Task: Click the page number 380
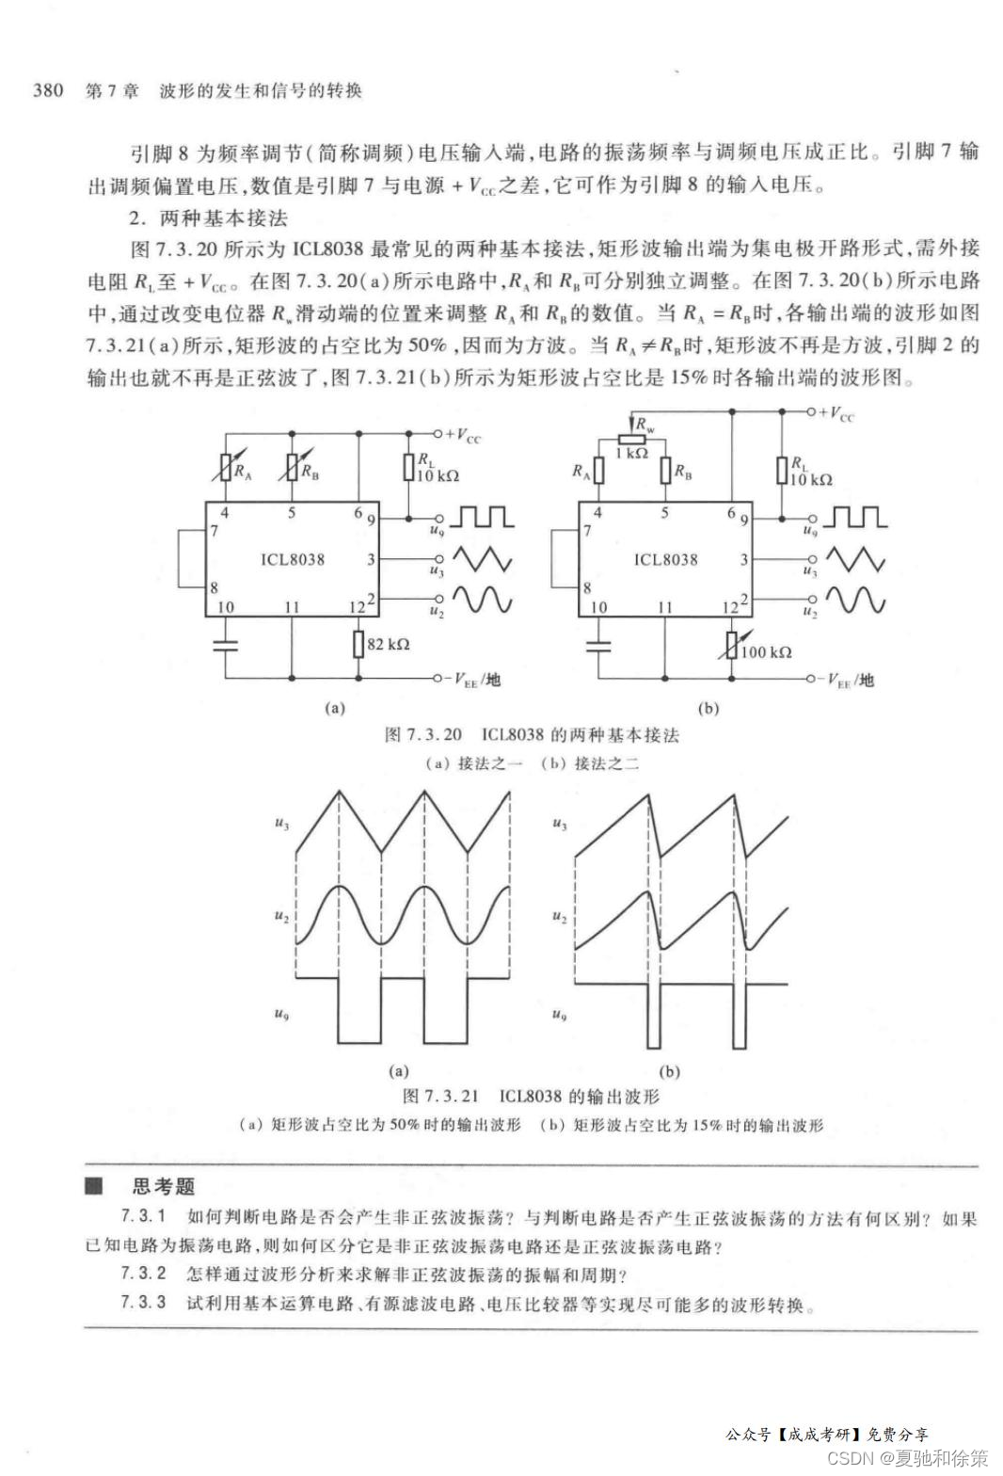(x=48, y=90)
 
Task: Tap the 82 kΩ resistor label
(x=389, y=644)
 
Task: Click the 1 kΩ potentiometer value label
(x=631, y=453)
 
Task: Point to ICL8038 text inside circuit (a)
(x=293, y=559)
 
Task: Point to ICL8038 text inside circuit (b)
(x=665, y=559)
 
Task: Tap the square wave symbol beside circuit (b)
(x=854, y=517)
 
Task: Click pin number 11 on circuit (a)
(x=292, y=607)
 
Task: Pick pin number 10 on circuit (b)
(x=598, y=607)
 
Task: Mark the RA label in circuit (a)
(x=243, y=472)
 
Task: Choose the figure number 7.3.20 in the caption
(x=424, y=734)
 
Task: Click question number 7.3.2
(x=143, y=1274)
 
